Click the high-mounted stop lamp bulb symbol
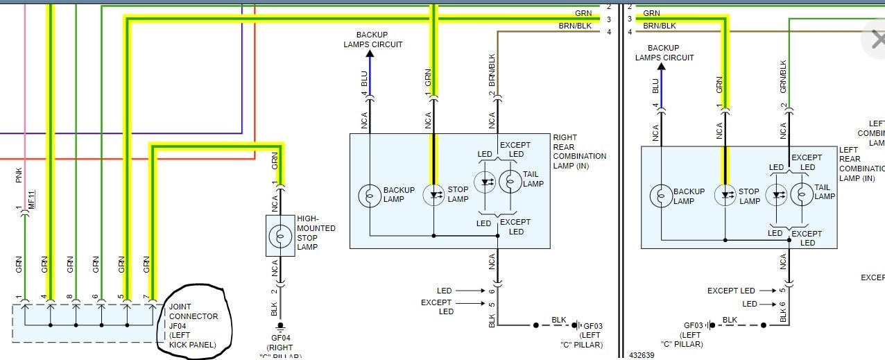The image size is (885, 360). [x=280, y=235]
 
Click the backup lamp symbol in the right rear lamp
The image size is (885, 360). [x=370, y=195]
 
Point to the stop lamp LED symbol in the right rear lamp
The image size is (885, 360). [x=434, y=195]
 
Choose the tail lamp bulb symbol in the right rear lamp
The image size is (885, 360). [x=510, y=182]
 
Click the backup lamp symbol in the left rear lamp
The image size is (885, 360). [x=661, y=196]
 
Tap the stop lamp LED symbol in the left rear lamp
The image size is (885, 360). [x=725, y=196]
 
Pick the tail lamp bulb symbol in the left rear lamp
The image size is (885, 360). [x=801, y=194]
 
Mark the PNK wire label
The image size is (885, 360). [x=19, y=175]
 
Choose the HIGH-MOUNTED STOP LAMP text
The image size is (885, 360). [x=316, y=232]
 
